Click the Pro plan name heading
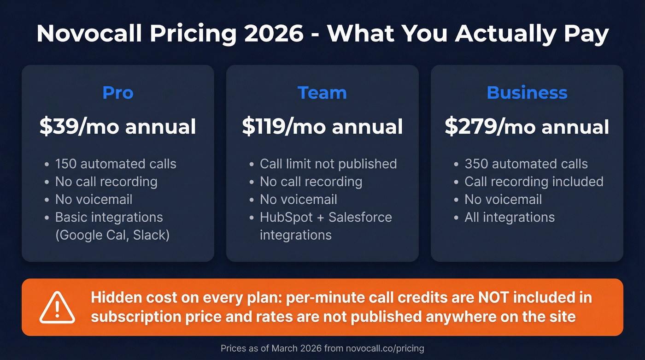(x=118, y=93)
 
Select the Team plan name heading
(x=322, y=93)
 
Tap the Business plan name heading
(x=527, y=93)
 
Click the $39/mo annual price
(x=118, y=127)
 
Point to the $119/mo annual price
(x=322, y=127)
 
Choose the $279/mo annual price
(x=527, y=127)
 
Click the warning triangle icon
(x=57, y=308)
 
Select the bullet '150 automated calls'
(x=115, y=164)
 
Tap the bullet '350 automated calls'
(x=526, y=164)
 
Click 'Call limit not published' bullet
(x=328, y=164)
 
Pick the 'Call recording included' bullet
(x=534, y=182)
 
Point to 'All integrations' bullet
(x=510, y=217)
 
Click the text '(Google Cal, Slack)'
(x=112, y=235)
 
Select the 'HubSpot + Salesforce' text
(x=326, y=217)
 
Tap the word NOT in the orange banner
(x=493, y=297)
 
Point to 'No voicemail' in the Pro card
(x=94, y=199)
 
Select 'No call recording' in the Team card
(x=311, y=182)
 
